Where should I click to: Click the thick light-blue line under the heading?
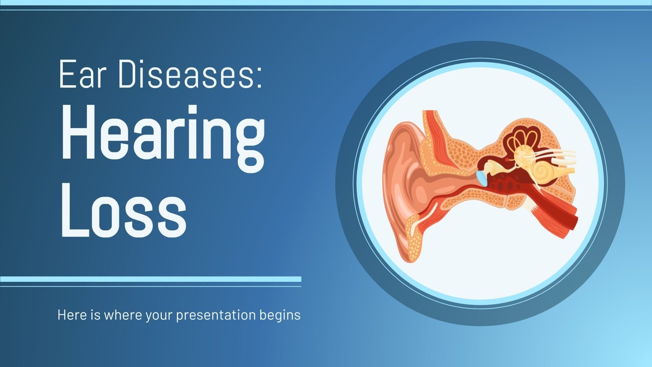151,279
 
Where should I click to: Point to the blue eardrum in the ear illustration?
482,178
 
